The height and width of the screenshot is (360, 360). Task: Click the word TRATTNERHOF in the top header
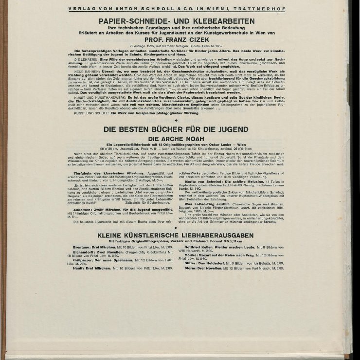pos(264,9)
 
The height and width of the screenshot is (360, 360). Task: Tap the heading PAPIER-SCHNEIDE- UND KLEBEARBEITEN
pos(177,21)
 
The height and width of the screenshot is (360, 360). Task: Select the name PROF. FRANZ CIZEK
pos(177,38)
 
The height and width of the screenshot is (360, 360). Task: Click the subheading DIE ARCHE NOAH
pos(176,138)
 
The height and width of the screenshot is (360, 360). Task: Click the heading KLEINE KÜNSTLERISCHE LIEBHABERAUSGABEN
pos(176,235)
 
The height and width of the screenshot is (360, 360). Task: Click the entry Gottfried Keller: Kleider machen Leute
pos(219,247)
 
